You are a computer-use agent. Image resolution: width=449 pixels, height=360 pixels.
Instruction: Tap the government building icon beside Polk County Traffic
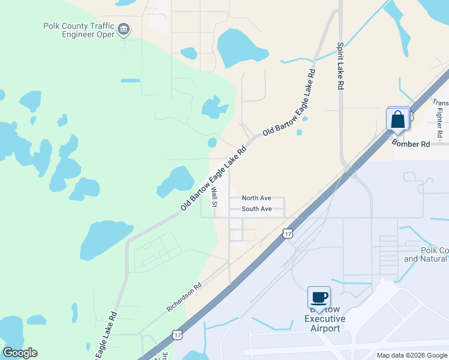124,29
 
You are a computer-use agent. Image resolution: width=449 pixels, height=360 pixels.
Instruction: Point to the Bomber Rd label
411,144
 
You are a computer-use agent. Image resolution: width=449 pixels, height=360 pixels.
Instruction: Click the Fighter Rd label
440,118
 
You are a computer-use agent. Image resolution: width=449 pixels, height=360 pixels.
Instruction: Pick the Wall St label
214,197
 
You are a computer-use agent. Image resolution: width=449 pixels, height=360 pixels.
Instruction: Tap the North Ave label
256,198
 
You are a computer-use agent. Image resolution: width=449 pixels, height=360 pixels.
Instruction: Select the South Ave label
256,209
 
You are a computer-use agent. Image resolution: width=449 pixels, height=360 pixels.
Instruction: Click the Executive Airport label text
325,324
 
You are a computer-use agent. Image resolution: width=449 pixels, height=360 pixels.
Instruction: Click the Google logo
20,353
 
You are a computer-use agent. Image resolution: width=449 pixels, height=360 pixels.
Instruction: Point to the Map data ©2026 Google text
411,355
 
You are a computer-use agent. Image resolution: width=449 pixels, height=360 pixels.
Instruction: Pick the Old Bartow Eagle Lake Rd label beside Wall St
214,179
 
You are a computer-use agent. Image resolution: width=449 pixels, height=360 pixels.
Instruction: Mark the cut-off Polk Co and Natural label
426,254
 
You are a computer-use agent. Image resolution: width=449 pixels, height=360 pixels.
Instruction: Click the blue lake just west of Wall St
176,181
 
